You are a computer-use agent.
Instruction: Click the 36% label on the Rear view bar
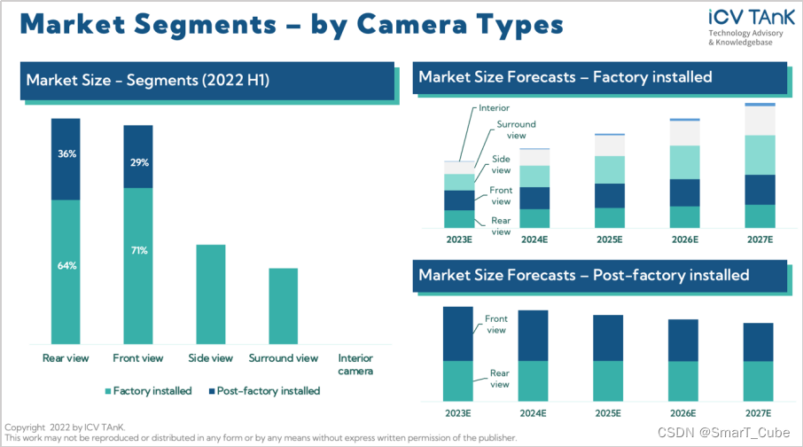pos(66,153)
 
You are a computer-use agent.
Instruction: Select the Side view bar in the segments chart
pos(211,294)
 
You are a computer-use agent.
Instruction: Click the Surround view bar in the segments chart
pos(284,305)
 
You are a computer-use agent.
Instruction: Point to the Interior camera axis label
pos(355,365)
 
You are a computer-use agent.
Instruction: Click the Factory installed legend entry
pos(148,390)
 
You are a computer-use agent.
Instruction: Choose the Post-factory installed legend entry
pos(263,390)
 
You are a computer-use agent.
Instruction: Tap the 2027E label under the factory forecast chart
pos(760,240)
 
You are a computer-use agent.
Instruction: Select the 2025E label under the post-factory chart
pos(609,413)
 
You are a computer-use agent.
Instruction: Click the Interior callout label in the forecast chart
pos(494,108)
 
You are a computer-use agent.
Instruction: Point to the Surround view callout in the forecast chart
pos(515,129)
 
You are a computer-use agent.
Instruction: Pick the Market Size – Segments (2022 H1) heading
pos(148,81)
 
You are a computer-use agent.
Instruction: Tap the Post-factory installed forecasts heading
pos(584,275)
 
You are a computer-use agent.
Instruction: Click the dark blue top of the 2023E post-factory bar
pos(457,333)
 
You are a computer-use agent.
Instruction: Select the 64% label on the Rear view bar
pos(66,266)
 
